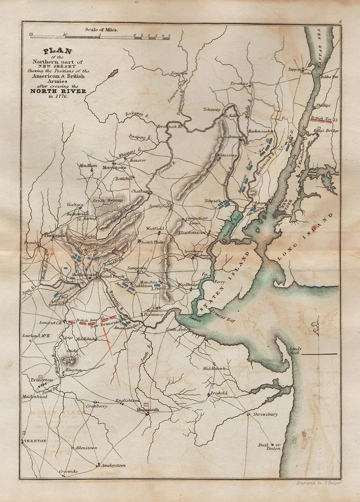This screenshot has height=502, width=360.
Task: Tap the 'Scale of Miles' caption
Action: [x=101, y=29]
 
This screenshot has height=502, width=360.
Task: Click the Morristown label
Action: [x=114, y=168]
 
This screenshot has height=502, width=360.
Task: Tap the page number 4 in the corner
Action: [x=340, y=21]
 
